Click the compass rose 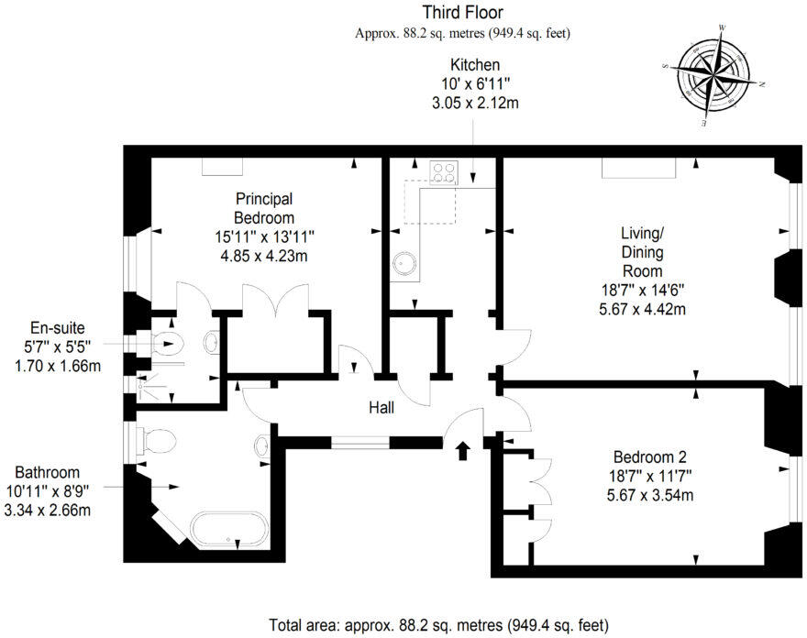coord(716,74)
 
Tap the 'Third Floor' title coord(462,13)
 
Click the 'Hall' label coord(381,407)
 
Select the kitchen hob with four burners coord(445,173)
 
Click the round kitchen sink coord(403,263)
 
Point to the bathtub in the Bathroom coord(230,529)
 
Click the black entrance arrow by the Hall coord(462,449)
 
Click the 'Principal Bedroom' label coord(264,208)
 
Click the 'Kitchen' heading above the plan coord(474,65)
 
